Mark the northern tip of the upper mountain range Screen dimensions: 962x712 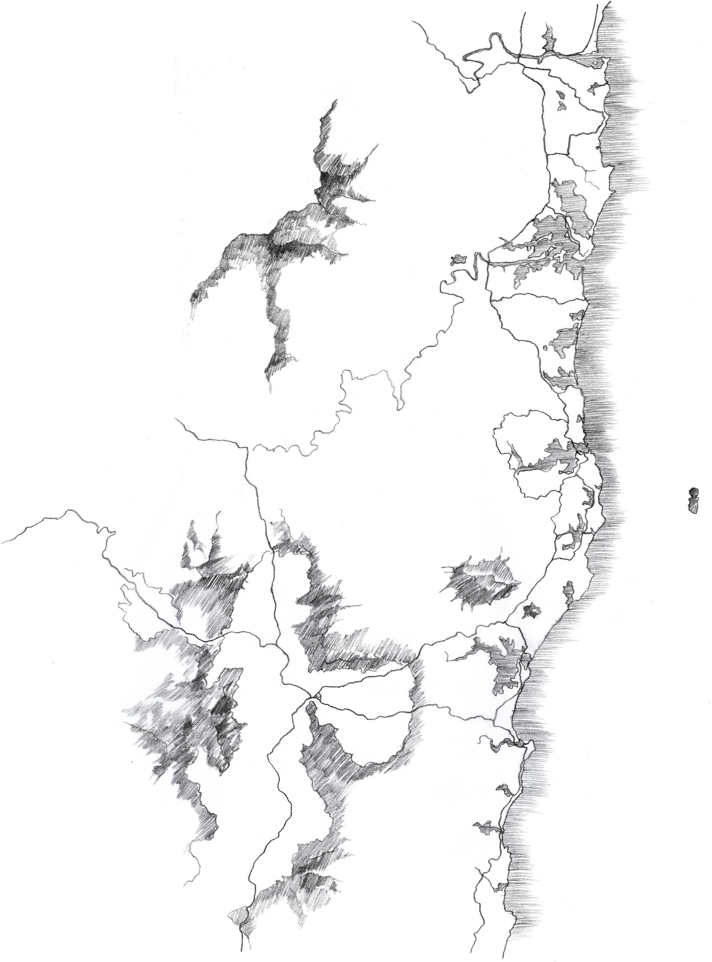coord(334,103)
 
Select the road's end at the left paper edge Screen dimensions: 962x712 coord(2,542)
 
